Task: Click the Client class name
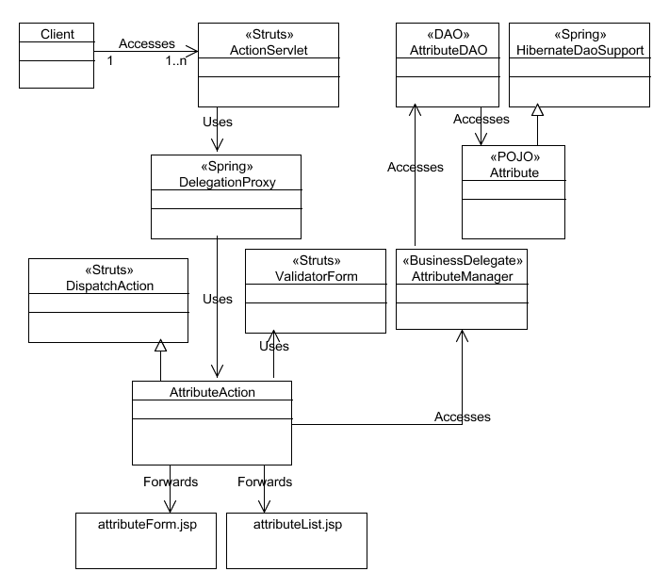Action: click(57, 34)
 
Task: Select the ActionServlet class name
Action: click(269, 50)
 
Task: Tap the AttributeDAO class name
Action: click(449, 50)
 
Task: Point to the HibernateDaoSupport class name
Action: click(579, 50)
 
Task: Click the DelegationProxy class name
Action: click(227, 182)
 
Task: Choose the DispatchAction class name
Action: click(109, 286)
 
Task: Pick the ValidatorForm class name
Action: click(317, 276)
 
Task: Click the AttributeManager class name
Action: click(462, 276)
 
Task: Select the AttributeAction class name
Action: click(212, 392)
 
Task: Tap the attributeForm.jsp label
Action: click(147, 525)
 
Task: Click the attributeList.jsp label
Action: click(298, 525)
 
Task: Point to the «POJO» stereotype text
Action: click(514, 157)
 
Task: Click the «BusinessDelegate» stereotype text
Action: click(463, 260)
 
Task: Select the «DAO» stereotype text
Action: click(448, 34)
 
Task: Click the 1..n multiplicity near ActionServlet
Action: click(176, 60)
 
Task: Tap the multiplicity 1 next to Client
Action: click(110, 60)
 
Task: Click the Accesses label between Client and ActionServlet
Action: click(147, 43)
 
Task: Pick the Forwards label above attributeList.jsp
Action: click(265, 482)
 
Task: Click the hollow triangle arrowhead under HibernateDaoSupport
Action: click(538, 110)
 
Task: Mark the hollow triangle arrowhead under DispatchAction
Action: click(160, 346)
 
